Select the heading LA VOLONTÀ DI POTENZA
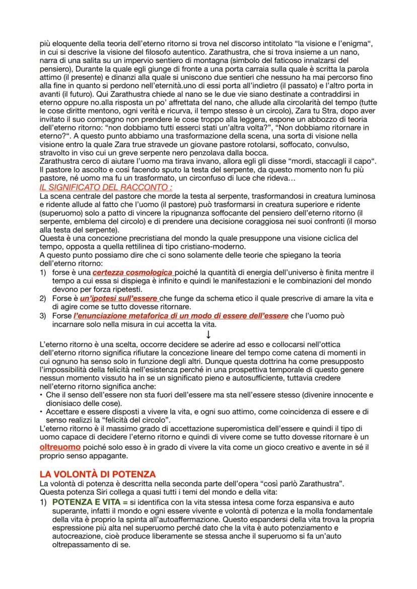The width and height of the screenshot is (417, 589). [x=98, y=474]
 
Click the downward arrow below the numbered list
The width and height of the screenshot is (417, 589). [x=208, y=334]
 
